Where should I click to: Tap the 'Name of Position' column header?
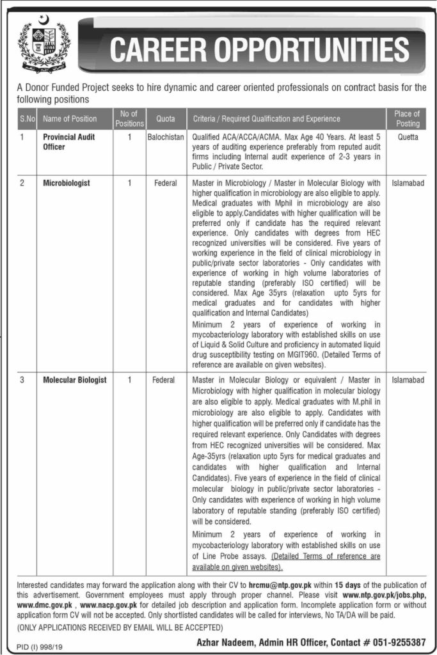click(x=70, y=118)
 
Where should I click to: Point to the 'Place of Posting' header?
click(x=407, y=118)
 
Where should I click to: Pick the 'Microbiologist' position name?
click(x=67, y=183)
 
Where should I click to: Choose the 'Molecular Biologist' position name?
click(x=75, y=380)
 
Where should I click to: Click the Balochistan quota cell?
click(x=164, y=137)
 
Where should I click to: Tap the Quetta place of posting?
click(x=407, y=137)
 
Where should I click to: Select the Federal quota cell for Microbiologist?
click(x=164, y=183)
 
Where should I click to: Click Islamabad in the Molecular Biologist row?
click(x=407, y=380)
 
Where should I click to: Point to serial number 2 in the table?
click(x=22, y=183)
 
